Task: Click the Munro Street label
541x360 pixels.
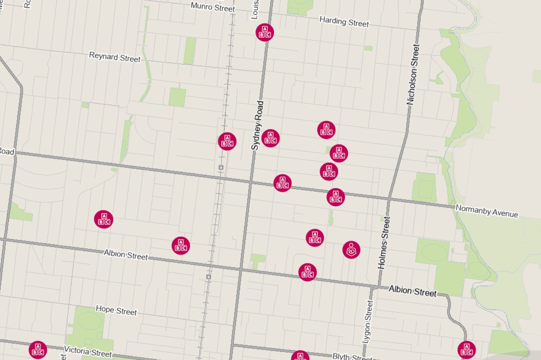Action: (213, 7)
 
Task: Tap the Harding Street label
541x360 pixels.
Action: (344, 22)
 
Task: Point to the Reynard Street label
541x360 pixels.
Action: (115, 57)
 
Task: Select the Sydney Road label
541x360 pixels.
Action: (257, 125)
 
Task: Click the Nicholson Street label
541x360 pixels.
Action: (413, 75)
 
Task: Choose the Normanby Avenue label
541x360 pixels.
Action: (487, 211)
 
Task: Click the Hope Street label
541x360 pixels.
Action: (116, 310)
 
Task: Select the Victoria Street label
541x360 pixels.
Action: (88, 352)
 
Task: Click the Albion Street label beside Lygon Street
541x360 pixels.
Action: (412, 291)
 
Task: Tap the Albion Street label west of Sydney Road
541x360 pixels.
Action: (126, 255)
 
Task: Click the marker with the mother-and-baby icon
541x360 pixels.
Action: (351, 250)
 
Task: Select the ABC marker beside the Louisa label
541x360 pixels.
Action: (265, 32)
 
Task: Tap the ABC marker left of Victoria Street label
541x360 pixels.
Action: (38, 350)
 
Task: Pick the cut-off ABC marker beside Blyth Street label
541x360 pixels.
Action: (300, 356)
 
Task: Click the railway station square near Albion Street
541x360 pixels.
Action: (209, 277)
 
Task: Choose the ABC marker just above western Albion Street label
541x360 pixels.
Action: (181, 245)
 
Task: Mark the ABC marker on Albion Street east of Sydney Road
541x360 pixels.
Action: (308, 272)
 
